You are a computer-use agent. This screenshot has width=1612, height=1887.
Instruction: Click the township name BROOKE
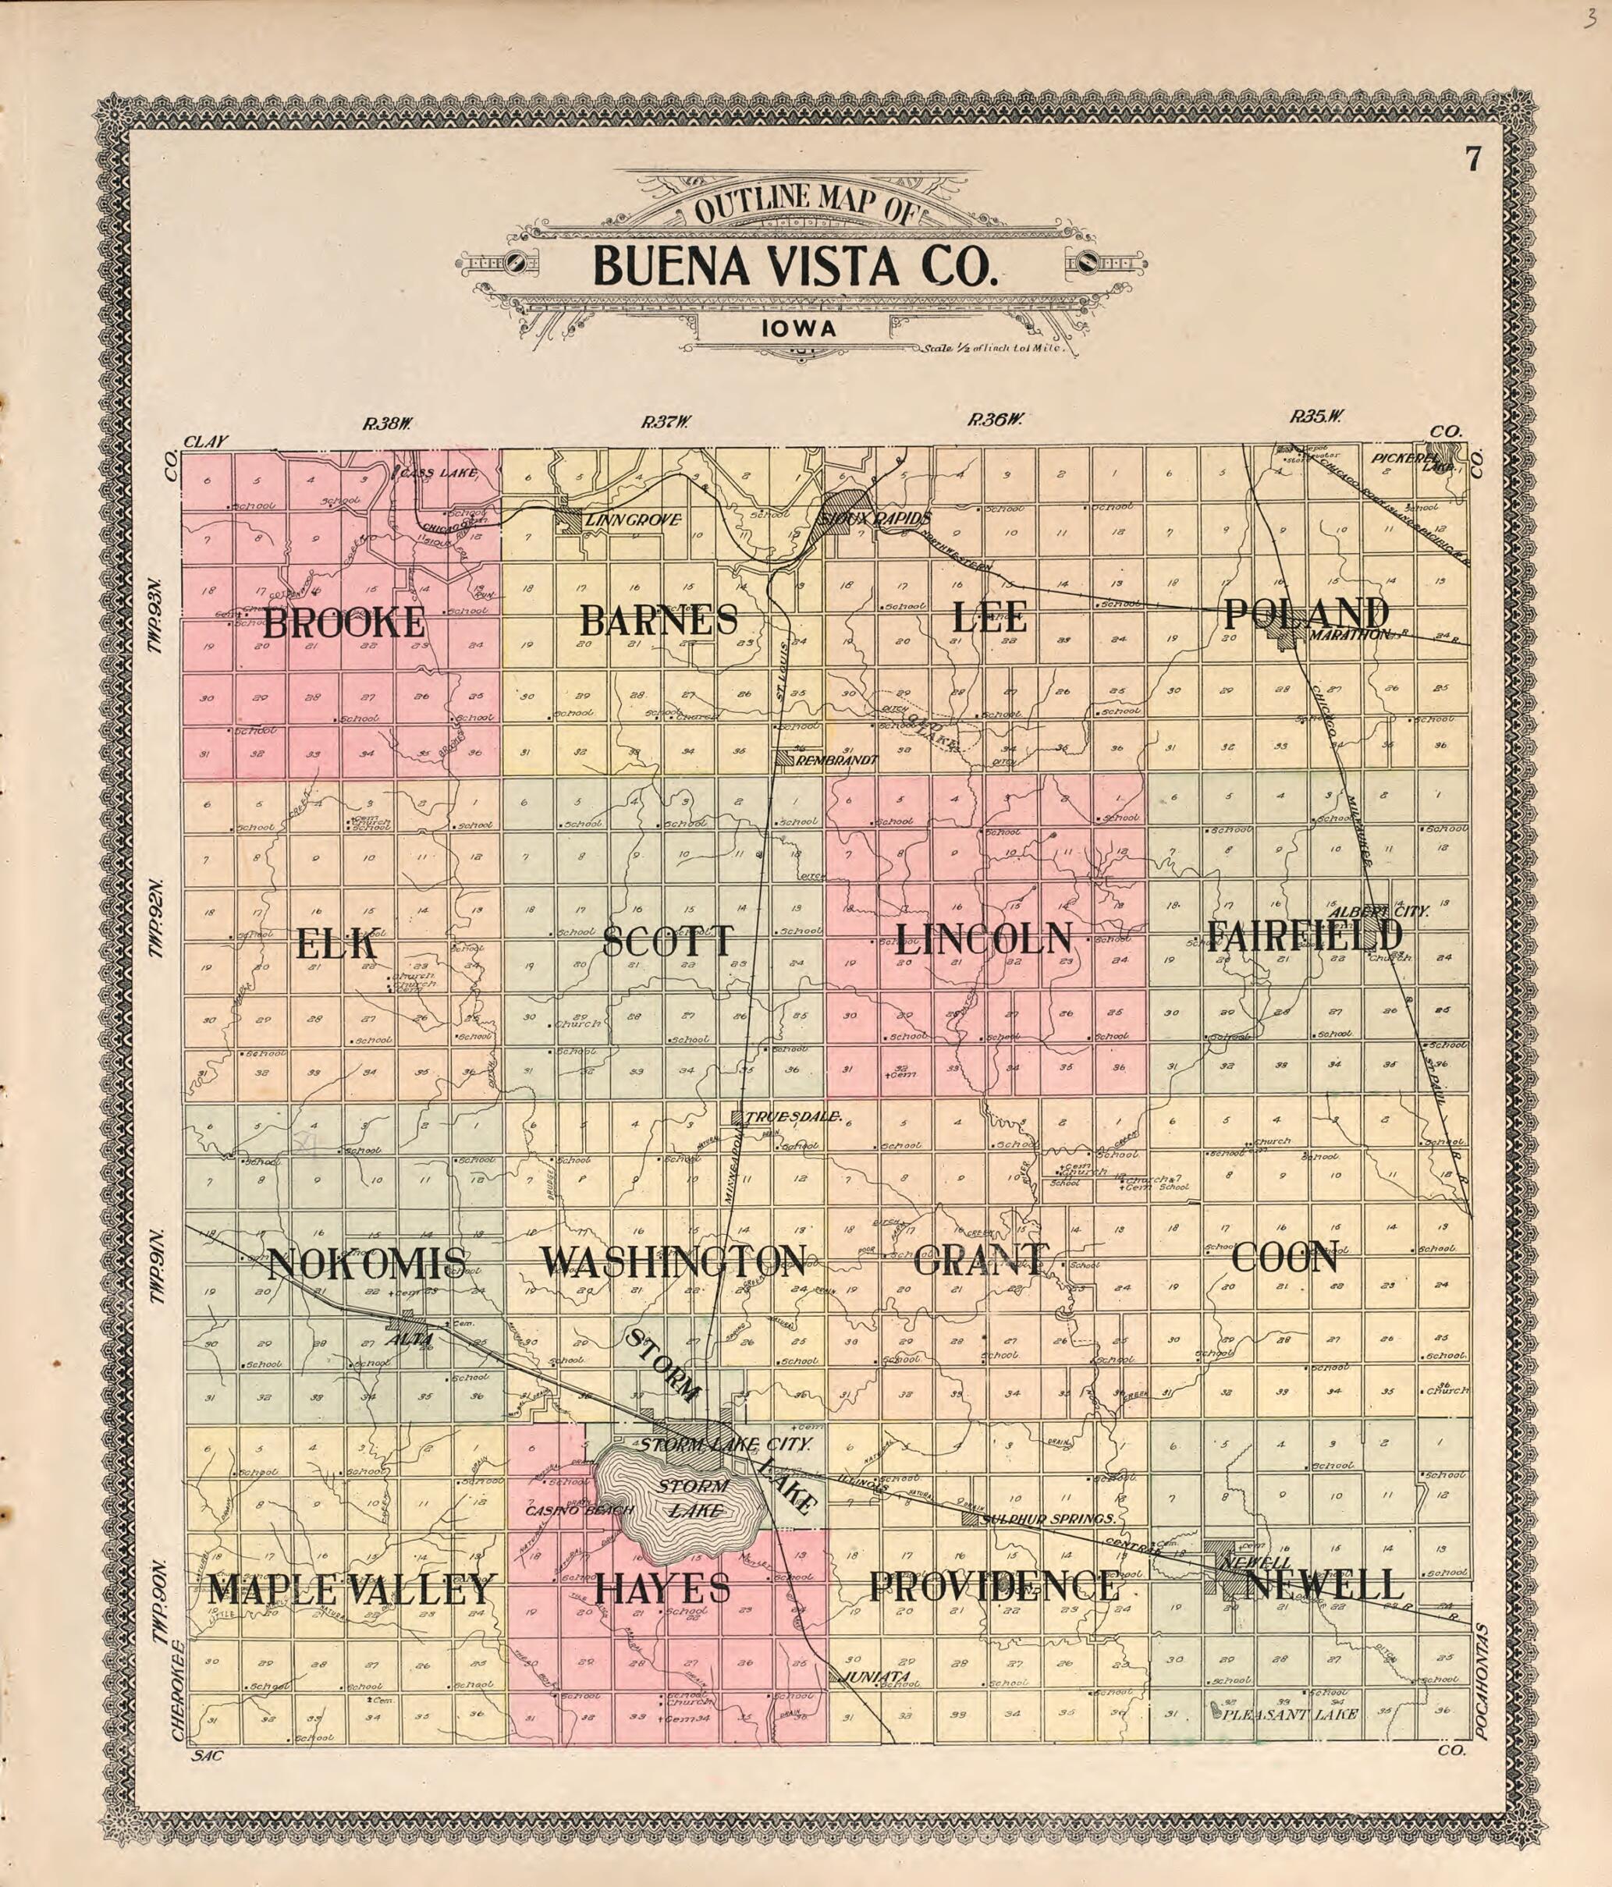[x=343, y=623]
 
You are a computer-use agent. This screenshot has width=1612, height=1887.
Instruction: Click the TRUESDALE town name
[x=791, y=1116]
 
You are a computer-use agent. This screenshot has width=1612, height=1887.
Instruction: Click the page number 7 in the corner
[x=1472, y=160]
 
